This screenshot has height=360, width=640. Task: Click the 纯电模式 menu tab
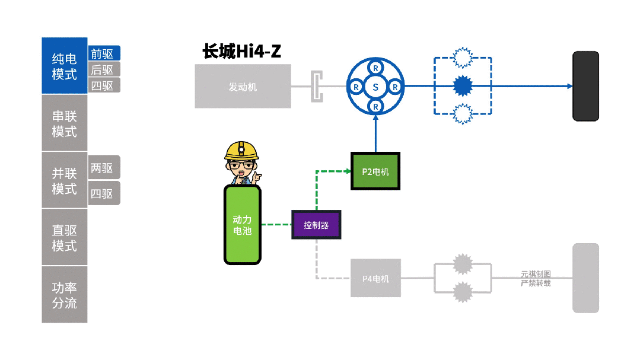coord(64,66)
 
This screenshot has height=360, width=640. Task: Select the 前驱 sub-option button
coord(104,53)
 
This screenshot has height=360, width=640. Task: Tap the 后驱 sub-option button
coord(104,69)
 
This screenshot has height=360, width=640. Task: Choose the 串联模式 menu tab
coord(64,123)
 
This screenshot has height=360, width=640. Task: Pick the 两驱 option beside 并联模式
coord(104,168)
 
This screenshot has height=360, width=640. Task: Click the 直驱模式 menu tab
coord(64,237)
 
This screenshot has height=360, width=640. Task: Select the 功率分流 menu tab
coord(64,295)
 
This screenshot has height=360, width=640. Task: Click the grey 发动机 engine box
coord(243,87)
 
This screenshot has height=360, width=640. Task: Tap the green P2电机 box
coord(375,171)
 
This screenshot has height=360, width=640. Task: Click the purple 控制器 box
coord(316,225)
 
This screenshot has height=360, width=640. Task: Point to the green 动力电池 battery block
coord(242,225)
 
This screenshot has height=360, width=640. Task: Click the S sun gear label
coord(375,87)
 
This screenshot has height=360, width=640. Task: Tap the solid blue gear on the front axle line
coord(461,86)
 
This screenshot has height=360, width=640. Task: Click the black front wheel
coord(585,87)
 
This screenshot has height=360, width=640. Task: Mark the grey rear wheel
coord(585,278)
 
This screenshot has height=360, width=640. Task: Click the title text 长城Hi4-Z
coord(242,52)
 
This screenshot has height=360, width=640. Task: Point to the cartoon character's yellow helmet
coord(241,151)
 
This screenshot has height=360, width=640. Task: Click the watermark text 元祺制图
coord(536,274)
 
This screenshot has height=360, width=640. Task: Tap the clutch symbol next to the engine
coord(318,87)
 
